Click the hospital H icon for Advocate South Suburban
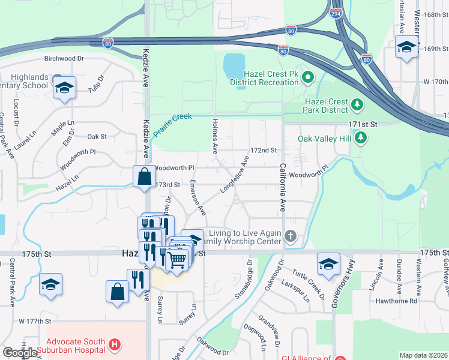pos(114,345)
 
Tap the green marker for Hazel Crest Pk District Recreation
pos(308,77)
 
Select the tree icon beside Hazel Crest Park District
pos(357,106)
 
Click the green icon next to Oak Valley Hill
pos(360,139)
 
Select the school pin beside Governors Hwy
pos(328,264)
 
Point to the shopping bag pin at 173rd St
pos(144,177)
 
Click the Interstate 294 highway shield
pos(337,13)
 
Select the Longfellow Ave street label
pos(234,175)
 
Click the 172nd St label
pos(263,150)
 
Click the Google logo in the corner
pos(20,353)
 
